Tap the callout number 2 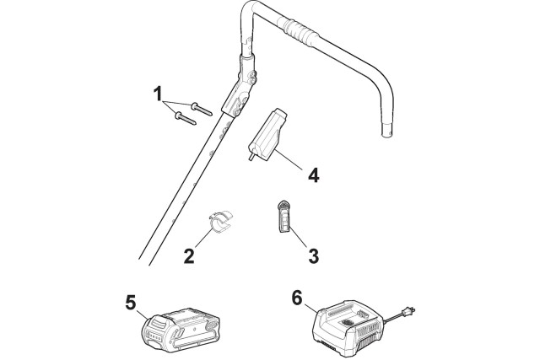point(189,255)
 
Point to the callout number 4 point(313,176)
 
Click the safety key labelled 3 point(284,215)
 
